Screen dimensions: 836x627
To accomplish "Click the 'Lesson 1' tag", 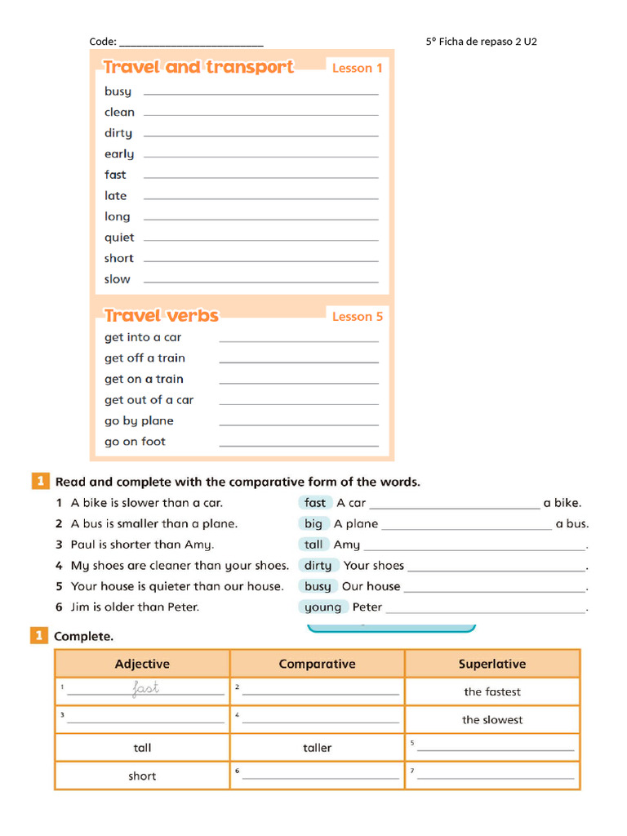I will coord(357,69).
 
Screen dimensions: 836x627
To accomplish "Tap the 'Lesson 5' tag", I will coord(357,317).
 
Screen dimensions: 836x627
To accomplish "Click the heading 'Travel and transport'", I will coord(198,68).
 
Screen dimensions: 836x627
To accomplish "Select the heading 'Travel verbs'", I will coord(162,315).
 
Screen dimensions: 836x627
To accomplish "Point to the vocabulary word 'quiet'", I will coord(119,238).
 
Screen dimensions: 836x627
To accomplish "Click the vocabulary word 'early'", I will coord(119,154).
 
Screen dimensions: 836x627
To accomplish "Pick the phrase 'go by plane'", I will coord(139,421).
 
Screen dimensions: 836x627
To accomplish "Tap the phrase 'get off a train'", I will coord(145,358).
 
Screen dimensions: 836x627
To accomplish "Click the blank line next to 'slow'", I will coord(260,282).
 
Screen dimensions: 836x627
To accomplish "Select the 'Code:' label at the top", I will coord(103,42).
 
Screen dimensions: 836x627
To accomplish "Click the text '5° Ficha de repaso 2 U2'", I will coord(482,42).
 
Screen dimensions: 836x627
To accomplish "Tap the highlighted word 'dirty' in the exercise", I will coord(318,565).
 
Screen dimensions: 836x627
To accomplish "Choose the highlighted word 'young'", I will coord(323,607).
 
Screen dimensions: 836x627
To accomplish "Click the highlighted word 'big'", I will coord(313,523).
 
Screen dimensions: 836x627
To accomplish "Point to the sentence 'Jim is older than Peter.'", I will coord(135,607).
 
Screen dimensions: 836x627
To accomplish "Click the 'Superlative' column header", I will coord(492,664).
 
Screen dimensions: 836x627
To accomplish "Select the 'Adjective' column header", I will coord(142,664).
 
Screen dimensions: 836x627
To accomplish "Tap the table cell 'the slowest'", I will coord(492,719).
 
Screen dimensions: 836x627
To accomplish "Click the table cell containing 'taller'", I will coord(318,747).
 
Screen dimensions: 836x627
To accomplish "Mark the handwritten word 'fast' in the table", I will coord(145,689).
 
